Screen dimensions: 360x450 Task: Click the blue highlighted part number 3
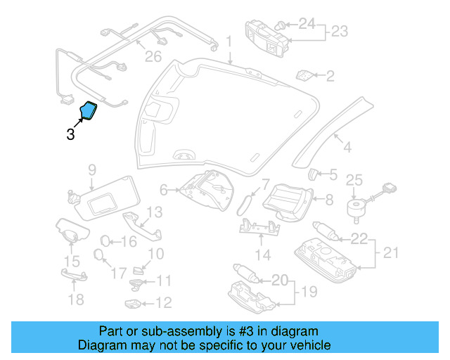89,112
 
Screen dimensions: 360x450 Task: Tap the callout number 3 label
70,134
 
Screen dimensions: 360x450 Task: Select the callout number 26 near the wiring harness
153,57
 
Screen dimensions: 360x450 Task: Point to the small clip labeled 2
305,74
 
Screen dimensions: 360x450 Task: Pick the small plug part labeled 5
315,173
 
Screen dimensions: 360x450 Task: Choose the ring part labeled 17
100,255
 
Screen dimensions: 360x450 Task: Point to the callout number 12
163,304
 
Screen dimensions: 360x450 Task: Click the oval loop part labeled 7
243,203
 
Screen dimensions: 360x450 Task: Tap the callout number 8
328,200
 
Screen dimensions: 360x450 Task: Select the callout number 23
340,32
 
